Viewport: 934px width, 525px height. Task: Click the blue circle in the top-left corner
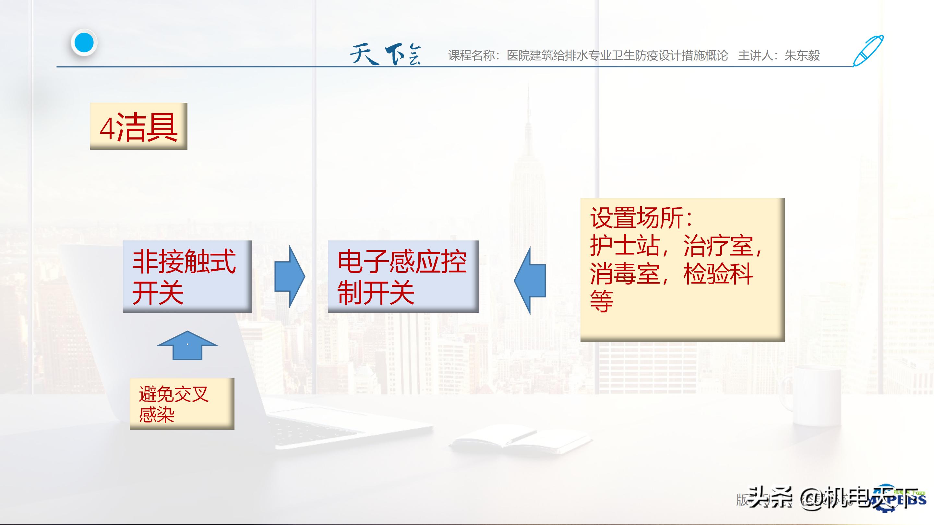(84, 43)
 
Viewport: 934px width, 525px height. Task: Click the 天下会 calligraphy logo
(385, 55)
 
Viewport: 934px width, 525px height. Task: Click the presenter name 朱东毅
(802, 56)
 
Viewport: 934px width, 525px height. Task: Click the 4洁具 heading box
(138, 126)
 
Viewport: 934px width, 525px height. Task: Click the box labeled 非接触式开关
(187, 276)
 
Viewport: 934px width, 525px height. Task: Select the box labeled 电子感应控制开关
(403, 276)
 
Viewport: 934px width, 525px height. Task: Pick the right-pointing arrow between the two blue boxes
(289, 277)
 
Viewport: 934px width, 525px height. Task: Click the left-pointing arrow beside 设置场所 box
(530, 280)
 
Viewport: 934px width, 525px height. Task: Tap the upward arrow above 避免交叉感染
(187, 345)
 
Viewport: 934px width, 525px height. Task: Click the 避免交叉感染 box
(182, 403)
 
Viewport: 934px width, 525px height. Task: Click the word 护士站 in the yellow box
(624, 246)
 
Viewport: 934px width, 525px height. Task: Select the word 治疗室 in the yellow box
(718, 246)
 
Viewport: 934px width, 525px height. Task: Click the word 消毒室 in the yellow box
(624, 274)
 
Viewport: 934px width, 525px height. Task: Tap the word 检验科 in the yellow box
(718, 274)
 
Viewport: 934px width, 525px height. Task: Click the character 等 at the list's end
(602, 301)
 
